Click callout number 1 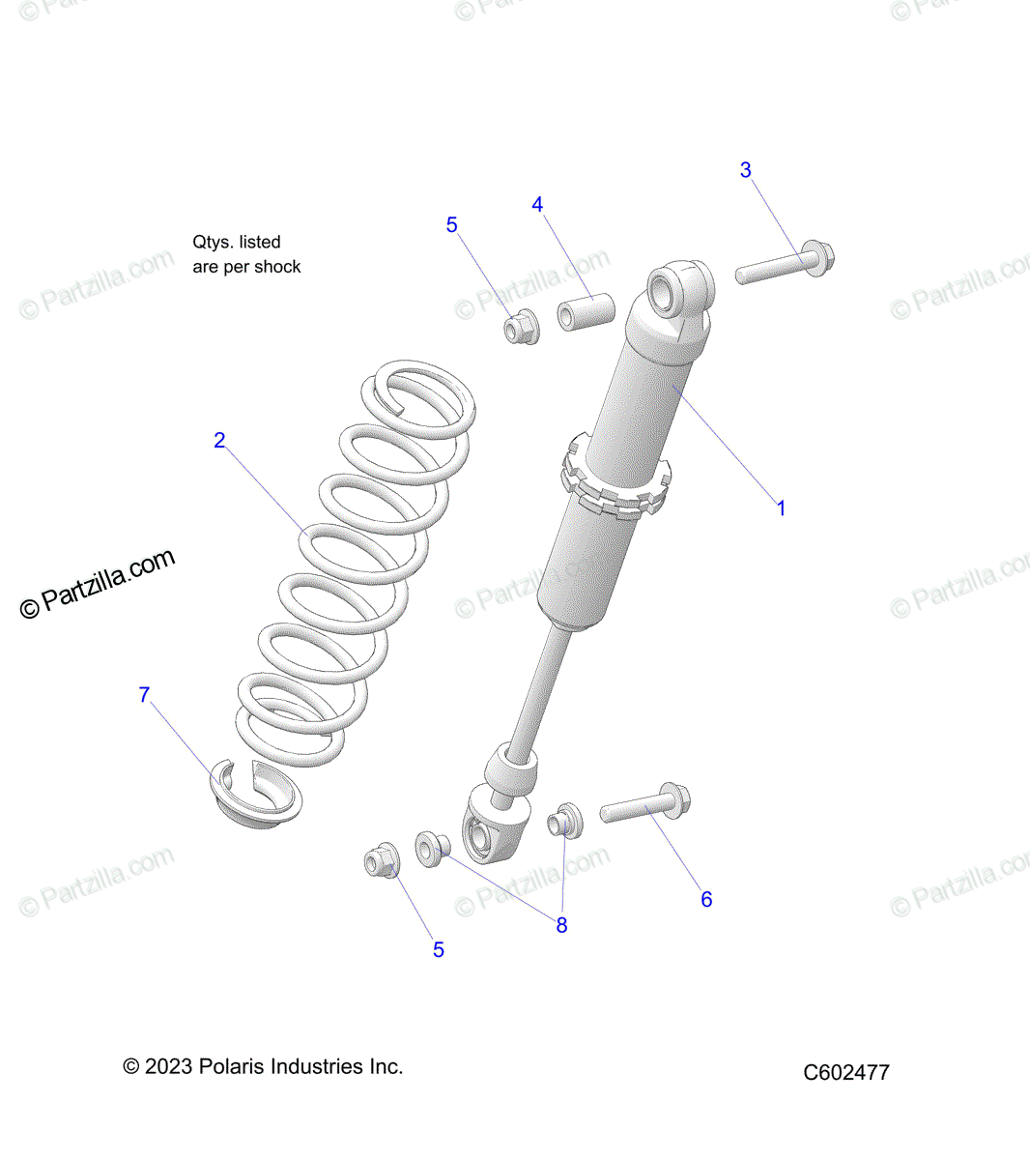click(x=781, y=507)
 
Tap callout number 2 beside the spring click(x=219, y=440)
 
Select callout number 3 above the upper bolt click(x=745, y=169)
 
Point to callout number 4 click(x=537, y=204)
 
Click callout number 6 click(x=706, y=899)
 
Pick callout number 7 click(x=144, y=694)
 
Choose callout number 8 click(x=561, y=925)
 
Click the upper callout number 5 click(x=451, y=225)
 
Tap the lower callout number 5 click(x=439, y=950)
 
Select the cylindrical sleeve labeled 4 click(x=587, y=312)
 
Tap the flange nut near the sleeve click(x=522, y=327)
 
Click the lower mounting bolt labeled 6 click(x=645, y=802)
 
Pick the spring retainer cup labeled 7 click(x=256, y=795)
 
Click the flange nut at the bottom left click(x=383, y=860)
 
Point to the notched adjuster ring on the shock click(x=615, y=478)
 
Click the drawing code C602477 click(x=846, y=1072)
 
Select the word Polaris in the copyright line click(x=232, y=1066)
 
